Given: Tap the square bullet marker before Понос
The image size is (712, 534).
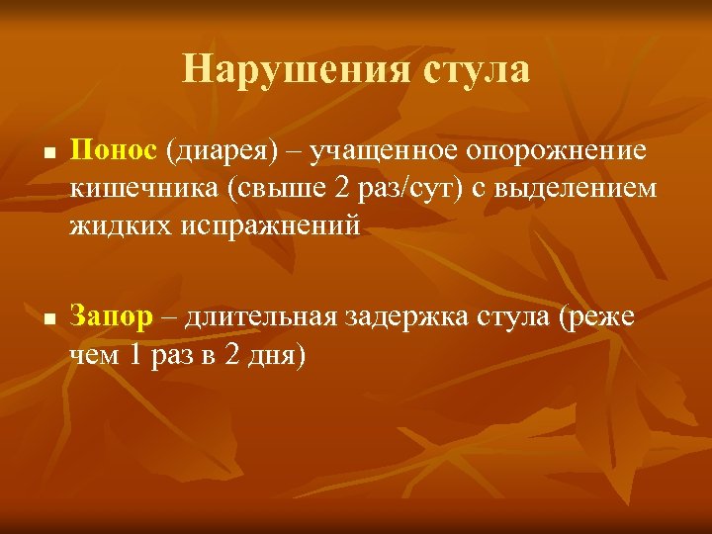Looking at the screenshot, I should tap(47, 155).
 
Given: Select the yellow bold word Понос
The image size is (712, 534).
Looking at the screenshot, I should tap(114, 151).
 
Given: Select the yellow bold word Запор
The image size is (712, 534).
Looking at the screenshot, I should tap(112, 316).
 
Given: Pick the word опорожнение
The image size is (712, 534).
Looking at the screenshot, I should tap(558, 151).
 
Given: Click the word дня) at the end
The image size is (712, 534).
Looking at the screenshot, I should tap(277, 354).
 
